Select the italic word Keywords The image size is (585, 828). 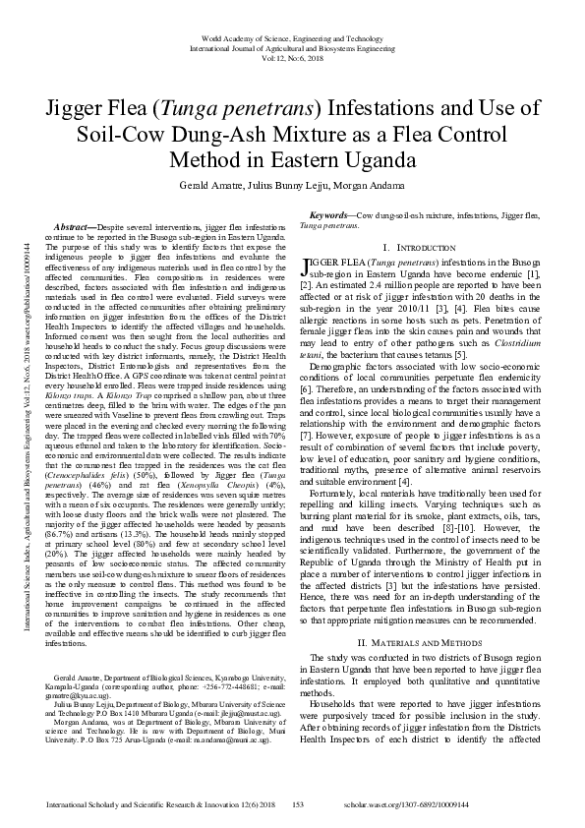[328, 214]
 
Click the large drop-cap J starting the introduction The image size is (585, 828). [303, 265]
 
